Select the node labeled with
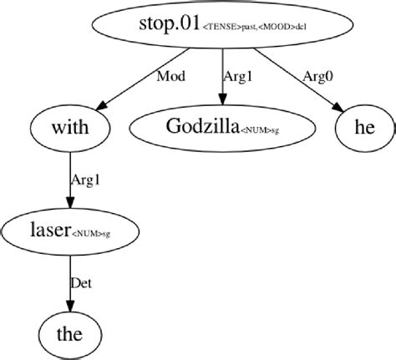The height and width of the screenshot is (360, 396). point(70,129)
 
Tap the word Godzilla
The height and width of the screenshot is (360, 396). point(201,127)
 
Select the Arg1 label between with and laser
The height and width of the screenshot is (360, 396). point(86,180)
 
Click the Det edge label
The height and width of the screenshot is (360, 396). point(81,283)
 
